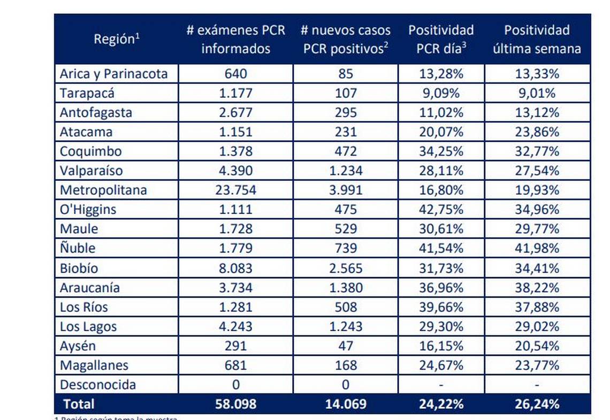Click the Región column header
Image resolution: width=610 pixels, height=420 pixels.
[x=117, y=39]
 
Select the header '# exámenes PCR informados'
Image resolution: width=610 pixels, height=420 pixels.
[x=236, y=39]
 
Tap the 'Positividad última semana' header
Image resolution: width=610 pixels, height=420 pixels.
[x=537, y=39]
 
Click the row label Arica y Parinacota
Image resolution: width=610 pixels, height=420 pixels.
[x=113, y=74]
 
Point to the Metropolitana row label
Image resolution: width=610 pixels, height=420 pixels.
[x=103, y=190]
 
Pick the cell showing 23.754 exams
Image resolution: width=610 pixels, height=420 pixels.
[x=236, y=190]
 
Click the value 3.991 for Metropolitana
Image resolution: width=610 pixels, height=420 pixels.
[x=345, y=190]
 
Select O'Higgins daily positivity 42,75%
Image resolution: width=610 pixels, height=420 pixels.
[x=441, y=209]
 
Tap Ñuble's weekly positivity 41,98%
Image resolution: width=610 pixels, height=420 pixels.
[x=537, y=248]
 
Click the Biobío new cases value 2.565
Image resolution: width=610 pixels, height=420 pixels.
[x=345, y=268]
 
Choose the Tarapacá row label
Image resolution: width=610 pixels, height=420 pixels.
[x=87, y=93]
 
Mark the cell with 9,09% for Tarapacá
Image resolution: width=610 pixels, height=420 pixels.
[x=441, y=93]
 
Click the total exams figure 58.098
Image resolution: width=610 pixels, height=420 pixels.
[x=236, y=404]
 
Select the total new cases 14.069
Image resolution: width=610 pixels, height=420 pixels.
[x=345, y=404]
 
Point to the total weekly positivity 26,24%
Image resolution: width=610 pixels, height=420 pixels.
[x=537, y=404]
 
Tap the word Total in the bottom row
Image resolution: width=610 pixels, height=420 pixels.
[x=79, y=404]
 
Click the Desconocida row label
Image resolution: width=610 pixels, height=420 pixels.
[x=98, y=385]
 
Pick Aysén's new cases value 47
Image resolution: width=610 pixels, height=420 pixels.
[x=345, y=346]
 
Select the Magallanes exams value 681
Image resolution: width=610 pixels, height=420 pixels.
[x=236, y=365]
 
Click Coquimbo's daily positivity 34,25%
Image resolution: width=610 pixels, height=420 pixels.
[x=441, y=151]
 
